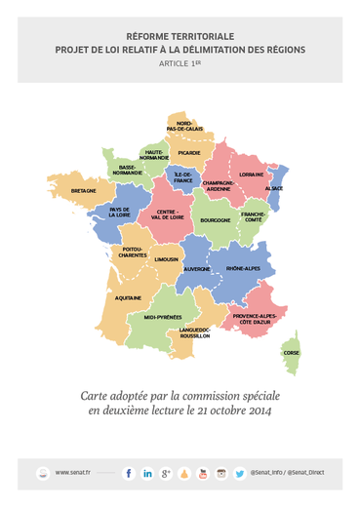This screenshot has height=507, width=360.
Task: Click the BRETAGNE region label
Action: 84,191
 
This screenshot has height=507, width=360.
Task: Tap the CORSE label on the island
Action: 292,353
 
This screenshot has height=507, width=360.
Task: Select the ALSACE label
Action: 274,188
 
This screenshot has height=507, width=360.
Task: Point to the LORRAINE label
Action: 251,175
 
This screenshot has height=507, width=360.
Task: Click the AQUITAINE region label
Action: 128,297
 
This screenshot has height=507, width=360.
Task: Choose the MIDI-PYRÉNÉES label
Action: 162,317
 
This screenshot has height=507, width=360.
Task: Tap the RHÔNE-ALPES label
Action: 243,268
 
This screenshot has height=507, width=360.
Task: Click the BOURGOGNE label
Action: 216,220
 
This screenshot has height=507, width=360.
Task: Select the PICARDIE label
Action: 189,153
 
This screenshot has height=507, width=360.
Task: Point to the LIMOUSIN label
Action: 166,259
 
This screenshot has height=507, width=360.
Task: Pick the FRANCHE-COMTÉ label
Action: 254,216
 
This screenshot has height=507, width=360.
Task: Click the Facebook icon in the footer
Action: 129,473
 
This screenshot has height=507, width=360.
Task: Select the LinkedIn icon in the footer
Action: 147,473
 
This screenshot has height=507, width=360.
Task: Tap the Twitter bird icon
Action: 239,473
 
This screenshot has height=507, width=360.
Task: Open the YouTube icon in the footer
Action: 203,473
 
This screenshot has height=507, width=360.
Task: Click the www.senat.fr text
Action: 73,473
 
